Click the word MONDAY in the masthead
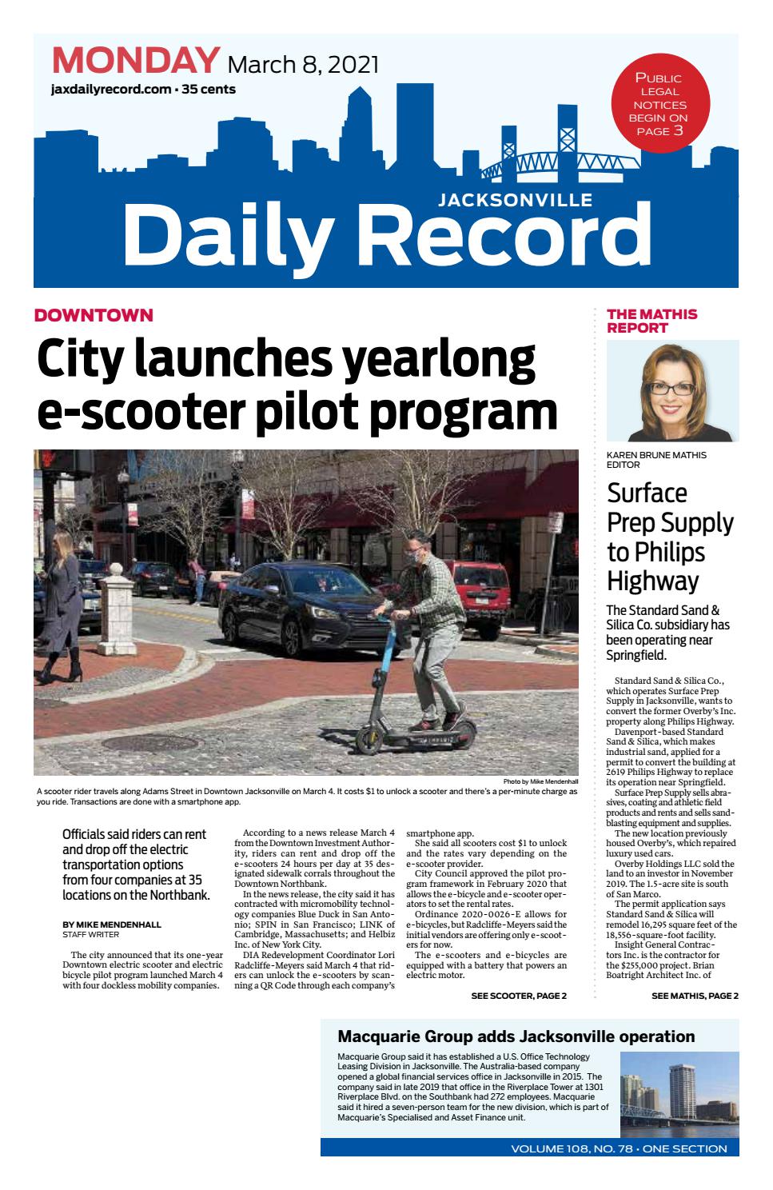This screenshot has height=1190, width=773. tap(135, 62)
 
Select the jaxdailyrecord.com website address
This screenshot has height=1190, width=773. tap(110, 90)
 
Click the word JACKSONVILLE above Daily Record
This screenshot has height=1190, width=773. tap(515, 201)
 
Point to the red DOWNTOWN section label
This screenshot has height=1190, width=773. tap(94, 315)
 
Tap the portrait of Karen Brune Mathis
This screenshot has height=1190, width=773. tap(672, 391)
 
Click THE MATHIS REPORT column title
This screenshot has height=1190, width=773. tap(652, 321)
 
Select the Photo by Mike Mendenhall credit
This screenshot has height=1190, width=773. tap(540, 781)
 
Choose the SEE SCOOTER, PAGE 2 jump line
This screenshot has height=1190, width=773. tap(519, 996)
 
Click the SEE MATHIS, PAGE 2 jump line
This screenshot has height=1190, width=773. tap(695, 996)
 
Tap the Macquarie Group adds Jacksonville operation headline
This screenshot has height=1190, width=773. tap(516, 1036)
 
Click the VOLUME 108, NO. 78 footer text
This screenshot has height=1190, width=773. tap(619, 1148)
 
